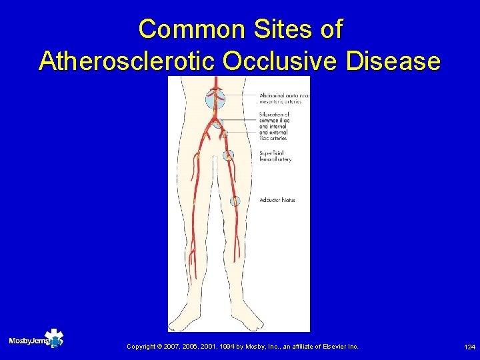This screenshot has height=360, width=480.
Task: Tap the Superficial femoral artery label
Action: (x=275, y=156)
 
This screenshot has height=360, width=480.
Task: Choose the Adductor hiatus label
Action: (x=277, y=200)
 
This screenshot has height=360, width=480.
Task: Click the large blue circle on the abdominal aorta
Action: (x=215, y=99)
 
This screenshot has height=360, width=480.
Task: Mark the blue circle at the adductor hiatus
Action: (x=235, y=201)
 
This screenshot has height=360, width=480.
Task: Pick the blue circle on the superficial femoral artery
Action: (x=229, y=155)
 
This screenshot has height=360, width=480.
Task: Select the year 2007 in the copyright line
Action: (x=172, y=347)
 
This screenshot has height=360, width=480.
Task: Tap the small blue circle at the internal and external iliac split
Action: (x=224, y=134)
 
